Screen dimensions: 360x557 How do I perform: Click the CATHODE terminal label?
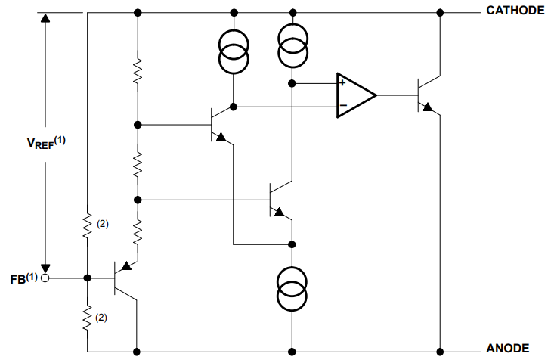click(x=514, y=11)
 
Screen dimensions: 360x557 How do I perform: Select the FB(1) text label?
click(x=21, y=278)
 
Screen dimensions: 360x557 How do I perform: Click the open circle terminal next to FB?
click(x=45, y=278)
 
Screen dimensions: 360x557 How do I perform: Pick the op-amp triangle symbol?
click(x=354, y=95)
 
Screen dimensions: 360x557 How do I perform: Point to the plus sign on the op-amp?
click(x=343, y=83)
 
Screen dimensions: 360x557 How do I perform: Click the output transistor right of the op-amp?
click(x=425, y=95)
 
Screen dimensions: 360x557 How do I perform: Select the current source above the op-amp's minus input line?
click(x=234, y=51)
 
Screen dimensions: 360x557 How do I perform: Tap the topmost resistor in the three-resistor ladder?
click(x=138, y=72)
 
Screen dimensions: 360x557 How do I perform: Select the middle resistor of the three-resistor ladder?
click(x=138, y=163)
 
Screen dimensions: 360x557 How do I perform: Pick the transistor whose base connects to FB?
click(x=123, y=278)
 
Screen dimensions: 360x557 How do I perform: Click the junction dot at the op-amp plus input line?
click(x=292, y=83)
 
